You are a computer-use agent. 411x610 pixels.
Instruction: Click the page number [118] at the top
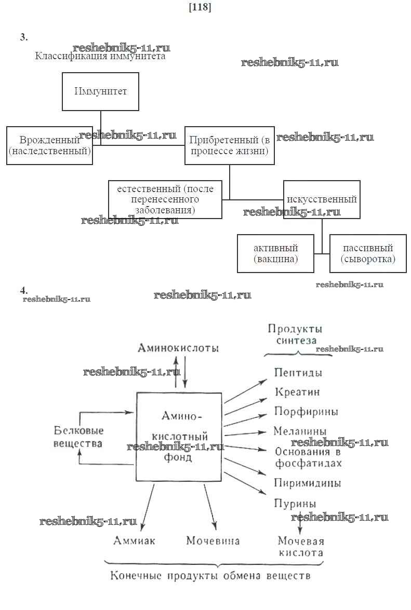(200, 7)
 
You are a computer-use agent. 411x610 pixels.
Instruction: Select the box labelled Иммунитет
(100, 91)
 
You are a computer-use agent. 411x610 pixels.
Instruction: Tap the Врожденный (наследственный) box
(49, 145)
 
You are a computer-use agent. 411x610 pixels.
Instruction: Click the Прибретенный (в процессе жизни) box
(229, 145)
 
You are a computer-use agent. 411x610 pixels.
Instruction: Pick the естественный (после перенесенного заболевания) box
(165, 199)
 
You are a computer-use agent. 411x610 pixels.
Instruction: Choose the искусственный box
(322, 199)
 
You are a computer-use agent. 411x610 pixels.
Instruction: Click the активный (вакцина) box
(275, 253)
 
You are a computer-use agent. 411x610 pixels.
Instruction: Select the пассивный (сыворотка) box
(367, 253)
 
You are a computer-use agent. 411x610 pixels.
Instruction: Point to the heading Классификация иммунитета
(100, 56)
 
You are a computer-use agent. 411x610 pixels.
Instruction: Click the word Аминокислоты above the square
(178, 348)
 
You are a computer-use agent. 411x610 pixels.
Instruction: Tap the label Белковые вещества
(78, 437)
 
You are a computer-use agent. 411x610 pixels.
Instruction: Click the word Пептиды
(298, 373)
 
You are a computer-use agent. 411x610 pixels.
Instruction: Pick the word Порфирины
(306, 412)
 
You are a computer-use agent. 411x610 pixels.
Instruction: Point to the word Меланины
(300, 431)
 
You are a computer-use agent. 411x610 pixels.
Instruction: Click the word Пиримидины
(307, 483)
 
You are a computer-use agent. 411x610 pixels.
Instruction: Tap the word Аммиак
(134, 540)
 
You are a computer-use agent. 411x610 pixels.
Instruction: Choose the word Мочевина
(213, 540)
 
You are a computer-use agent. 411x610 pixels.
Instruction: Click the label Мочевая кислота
(300, 547)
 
